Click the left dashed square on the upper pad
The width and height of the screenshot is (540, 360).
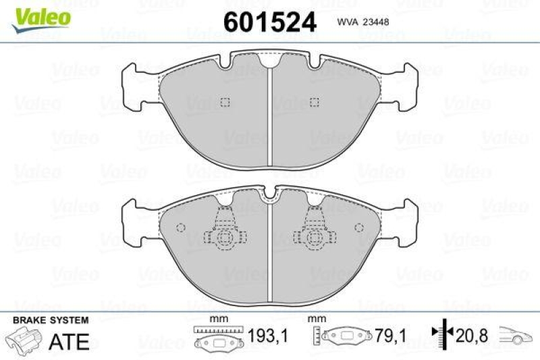click(226, 102)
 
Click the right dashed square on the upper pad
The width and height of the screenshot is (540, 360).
click(313, 102)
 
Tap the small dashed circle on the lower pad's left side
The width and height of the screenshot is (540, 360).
click(180, 227)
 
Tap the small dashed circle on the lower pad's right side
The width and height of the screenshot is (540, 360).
click(360, 227)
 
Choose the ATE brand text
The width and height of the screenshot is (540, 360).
click(70, 341)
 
